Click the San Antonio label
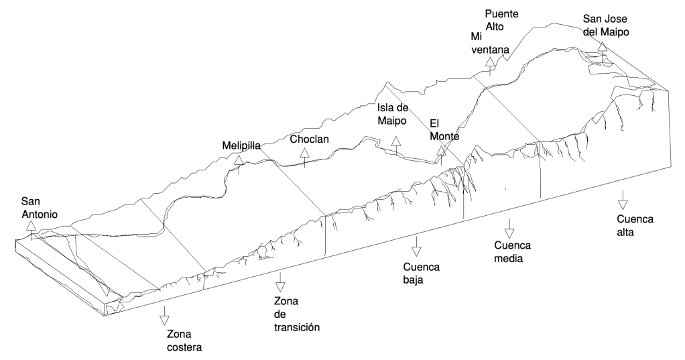[40, 208]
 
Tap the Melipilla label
[241, 145]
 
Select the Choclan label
[310, 139]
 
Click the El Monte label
[444, 129]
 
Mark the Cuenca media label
[513, 251]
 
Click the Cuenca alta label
[635, 226]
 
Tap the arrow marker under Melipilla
[239, 161]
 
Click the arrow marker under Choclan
[304, 154]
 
